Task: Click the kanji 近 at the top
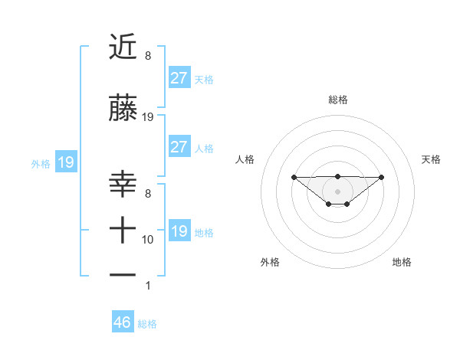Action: tap(123, 47)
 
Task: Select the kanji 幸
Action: tap(123, 185)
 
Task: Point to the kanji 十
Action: tap(123, 229)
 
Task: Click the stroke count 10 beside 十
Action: tap(148, 240)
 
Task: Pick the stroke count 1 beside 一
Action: tap(148, 286)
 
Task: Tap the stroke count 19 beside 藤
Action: tap(148, 117)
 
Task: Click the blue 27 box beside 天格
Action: tap(179, 77)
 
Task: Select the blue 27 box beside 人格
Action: tap(179, 147)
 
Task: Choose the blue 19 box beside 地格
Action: tap(179, 231)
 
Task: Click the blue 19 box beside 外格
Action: tap(65, 162)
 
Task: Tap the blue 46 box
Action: tap(123, 322)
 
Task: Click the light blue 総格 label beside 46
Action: tap(147, 324)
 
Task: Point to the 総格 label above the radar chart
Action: tap(337, 100)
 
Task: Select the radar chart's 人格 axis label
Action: tap(245, 159)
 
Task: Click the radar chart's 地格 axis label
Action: tap(402, 262)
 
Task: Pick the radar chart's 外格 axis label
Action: tap(270, 262)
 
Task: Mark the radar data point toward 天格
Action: tap(382, 177)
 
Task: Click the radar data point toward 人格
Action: tap(294, 177)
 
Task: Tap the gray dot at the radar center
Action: tap(337, 191)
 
